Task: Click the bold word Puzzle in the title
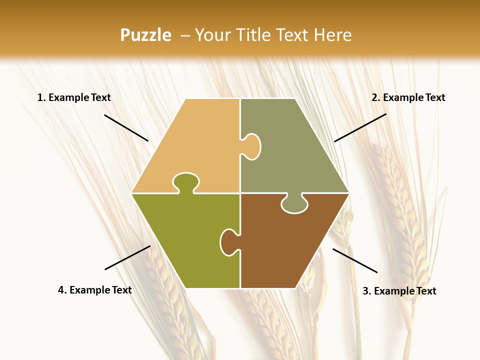click(x=145, y=35)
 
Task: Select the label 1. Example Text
click(x=74, y=97)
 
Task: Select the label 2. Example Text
click(x=408, y=97)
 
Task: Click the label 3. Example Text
click(x=399, y=291)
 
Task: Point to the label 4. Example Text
click(x=94, y=290)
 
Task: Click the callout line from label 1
click(x=126, y=127)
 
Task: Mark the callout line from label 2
click(x=360, y=127)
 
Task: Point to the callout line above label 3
click(x=355, y=260)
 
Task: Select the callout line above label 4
click(x=127, y=257)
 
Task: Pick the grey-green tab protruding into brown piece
click(x=294, y=204)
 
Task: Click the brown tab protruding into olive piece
click(x=228, y=242)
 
